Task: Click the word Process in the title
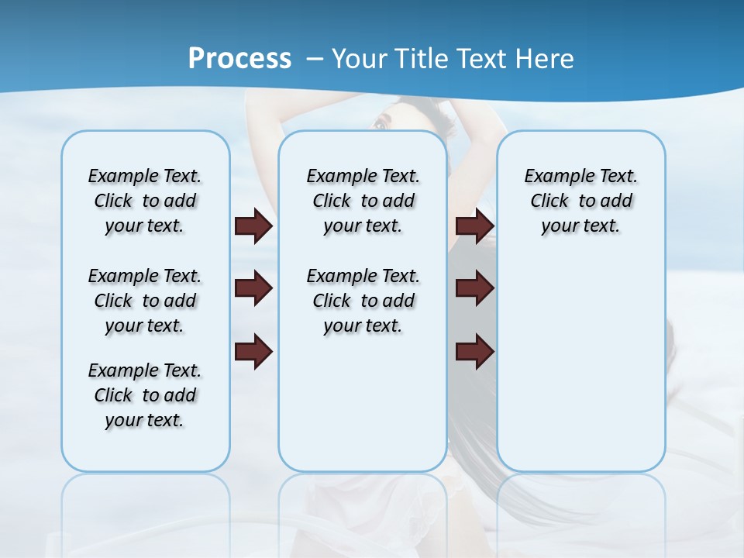pos(239,58)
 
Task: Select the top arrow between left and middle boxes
pos(253,226)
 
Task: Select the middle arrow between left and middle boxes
pos(253,288)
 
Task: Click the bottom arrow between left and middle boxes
pos(253,352)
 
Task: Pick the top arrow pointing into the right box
pos(474,226)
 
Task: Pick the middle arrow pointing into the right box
pos(474,288)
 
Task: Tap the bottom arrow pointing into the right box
pos(474,352)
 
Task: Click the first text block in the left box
pos(145,201)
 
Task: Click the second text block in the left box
pos(145,301)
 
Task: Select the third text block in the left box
pos(145,395)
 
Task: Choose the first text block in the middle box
pos(363,201)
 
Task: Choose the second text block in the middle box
pos(363,301)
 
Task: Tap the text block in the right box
pos(580,201)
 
